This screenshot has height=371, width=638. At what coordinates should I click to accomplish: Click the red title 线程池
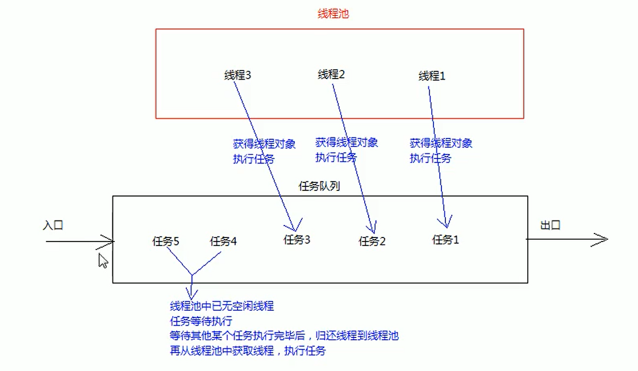tap(333, 14)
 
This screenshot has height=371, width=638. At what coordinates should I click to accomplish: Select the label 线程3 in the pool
tap(237, 75)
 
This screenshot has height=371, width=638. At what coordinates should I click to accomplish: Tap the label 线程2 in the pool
tap(331, 74)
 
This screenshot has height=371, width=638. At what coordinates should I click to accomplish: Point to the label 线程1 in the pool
tap(432, 76)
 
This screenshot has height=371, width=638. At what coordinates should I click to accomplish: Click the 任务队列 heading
tap(319, 186)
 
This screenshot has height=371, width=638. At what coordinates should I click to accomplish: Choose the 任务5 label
tap(166, 241)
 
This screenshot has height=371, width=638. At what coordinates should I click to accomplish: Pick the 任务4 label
tap(223, 241)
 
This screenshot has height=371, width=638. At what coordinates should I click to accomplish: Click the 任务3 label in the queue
tap(297, 240)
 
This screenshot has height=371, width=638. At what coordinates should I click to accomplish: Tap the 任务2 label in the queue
tap(372, 241)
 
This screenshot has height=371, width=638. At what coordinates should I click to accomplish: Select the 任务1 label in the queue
tap(445, 240)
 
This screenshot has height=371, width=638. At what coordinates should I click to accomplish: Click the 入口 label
tap(53, 225)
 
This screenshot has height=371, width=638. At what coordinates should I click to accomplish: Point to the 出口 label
tap(551, 226)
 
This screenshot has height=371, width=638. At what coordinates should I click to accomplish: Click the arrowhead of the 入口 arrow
tap(109, 241)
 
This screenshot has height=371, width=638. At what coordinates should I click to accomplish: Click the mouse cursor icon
tap(103, 261)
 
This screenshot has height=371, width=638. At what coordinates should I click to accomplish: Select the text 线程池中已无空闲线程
tap(222, 306)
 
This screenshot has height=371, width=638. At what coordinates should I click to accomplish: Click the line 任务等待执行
tap(201, 321)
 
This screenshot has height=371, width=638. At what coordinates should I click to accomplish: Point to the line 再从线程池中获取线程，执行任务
tap(248, 351)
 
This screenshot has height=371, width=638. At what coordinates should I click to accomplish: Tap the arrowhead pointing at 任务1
tap(445, 222)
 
